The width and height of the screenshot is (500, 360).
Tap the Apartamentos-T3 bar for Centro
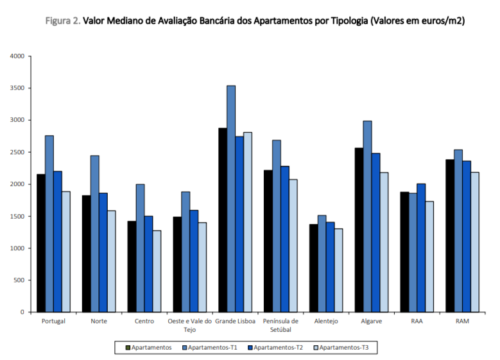[x=157, y=271]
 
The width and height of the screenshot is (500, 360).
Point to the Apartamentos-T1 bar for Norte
[x=94, y=234]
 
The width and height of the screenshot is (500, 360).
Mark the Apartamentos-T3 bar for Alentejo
[x=338, y=270]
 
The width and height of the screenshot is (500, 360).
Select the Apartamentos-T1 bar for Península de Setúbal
[x=277, y=226]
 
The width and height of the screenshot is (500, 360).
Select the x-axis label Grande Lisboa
[x=235, y=321]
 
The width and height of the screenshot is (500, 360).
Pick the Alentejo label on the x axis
[x=326, y=321]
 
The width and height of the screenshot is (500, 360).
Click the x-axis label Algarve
[x=372, y=321]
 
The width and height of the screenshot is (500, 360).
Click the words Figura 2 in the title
[x=63, y=21]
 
